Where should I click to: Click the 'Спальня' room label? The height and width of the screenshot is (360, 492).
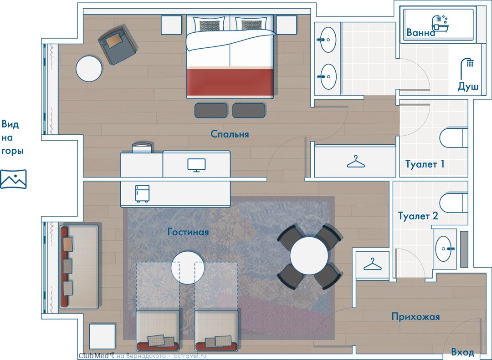230,134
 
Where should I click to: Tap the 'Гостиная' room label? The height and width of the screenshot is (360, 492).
188,232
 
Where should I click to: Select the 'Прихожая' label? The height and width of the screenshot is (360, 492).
415,316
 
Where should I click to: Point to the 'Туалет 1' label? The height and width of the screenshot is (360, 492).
425,164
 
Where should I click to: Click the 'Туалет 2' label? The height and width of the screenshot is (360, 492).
418,216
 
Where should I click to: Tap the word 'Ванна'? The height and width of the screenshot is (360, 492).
421,32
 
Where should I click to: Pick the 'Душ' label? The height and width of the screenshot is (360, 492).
468,86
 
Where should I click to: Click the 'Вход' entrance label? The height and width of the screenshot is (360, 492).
462,351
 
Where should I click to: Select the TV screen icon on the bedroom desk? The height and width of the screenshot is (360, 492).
196,165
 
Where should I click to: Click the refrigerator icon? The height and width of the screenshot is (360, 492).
142,193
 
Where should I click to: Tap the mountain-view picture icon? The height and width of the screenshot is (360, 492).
13,179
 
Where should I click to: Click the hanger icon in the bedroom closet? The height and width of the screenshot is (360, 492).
355,162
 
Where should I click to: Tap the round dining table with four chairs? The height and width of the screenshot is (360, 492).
309,256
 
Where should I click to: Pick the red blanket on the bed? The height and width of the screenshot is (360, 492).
230,82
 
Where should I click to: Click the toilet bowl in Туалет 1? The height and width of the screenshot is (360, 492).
453,137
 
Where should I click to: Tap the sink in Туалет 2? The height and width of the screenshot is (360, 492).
444,248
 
